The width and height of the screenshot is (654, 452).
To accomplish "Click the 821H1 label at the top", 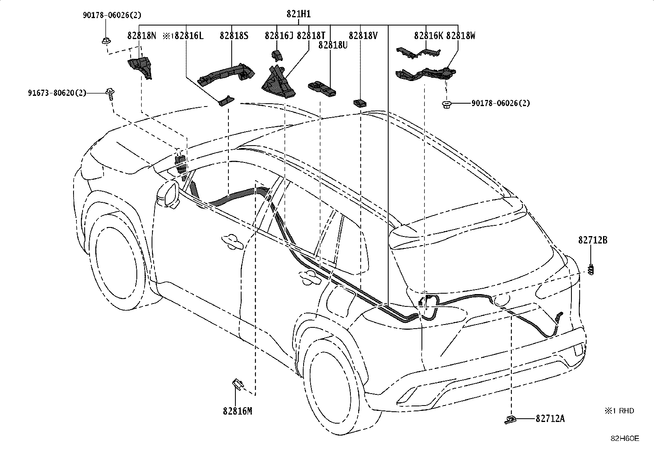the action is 298,14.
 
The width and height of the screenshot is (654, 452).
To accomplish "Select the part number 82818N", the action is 142,36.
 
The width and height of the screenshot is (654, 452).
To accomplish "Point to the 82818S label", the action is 234,36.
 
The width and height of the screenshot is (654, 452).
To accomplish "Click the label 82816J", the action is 279,36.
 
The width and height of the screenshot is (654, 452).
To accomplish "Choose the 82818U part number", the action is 333,45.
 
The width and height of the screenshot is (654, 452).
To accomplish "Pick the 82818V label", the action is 363,36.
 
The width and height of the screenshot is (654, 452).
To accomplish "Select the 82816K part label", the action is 428,36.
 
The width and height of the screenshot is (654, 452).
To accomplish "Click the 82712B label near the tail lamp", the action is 593,240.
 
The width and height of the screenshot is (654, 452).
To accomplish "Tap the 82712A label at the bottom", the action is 550,419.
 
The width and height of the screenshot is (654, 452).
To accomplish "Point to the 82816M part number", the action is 237,411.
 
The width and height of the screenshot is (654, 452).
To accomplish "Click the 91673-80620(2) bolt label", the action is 57,93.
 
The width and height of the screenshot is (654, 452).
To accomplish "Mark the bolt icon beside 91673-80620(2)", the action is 110,93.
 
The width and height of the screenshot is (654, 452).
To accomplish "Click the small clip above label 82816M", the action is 237,384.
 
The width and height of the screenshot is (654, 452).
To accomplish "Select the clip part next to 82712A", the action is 510,420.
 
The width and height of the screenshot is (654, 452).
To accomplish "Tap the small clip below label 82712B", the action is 591,269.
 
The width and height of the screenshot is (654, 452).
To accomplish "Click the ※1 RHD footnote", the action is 619,410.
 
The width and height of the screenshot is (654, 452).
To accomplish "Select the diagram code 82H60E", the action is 625,438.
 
